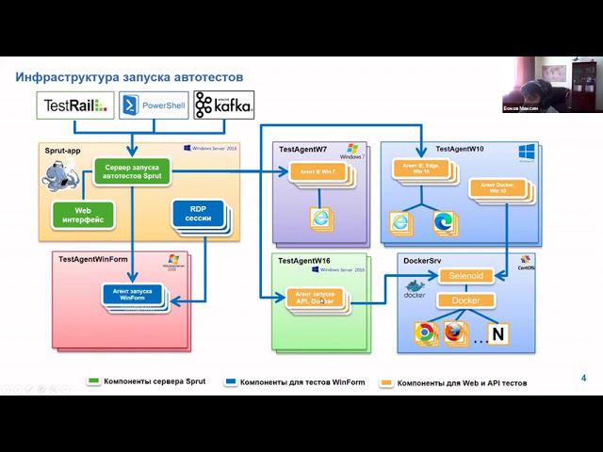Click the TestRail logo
pyautogui.click(x=75, y=105)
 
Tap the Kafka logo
pyautogui.click(x=223, y=105)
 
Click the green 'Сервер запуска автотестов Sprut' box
pyautogui.click(x=133, y=171)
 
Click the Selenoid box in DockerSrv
pyautogui.click(x=466, y=276)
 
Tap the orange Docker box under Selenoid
pyautogui.click(x=466, y=300)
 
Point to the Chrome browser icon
pyautogui.click(x=426, y=332)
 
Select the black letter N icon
pyautogui.click(x=498, y=333)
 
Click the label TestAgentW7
pyautogui.click(x=303, y=150)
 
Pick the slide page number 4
pyautogui.click(x=584, y=379)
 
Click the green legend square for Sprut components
pyautogui.click(x=93, y=382)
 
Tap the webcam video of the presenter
pyautogui.click(x=533, y=85)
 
